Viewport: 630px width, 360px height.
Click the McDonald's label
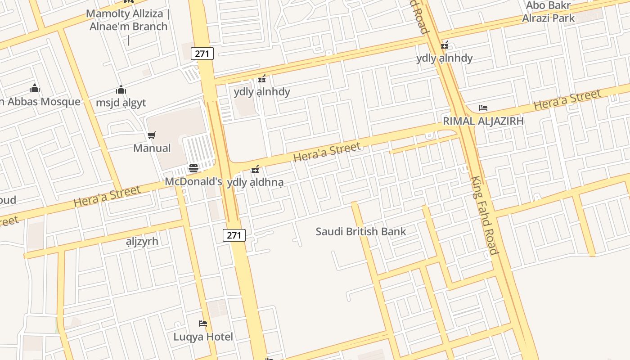click(193, 182)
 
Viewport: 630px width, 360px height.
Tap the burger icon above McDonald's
click(193, 169)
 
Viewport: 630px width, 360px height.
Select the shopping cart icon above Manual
click(152, 135)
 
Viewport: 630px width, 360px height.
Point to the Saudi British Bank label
click(360, 232)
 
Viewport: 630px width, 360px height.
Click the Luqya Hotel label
click(203, 337)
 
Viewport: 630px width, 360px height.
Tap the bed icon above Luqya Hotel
click(203, 324)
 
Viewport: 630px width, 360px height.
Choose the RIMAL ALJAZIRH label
click(483, 121)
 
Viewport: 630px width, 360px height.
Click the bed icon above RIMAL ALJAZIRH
click(483, 108)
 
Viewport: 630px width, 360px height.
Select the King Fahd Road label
click(485, 215)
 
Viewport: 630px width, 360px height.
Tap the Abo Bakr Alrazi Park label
click(548, 12)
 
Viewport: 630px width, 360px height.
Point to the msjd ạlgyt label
click(121, 103)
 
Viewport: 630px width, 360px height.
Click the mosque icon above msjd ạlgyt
click(121, 90)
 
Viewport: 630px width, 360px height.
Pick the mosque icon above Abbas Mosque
click(35, 88)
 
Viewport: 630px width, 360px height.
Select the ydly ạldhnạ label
click(255, 183)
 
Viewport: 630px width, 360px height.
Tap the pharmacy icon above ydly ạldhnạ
click(255, 169)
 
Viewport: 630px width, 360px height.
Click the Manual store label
click(152, 148)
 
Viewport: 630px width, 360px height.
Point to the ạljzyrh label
click(142, 241)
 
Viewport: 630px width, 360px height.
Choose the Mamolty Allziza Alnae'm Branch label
click(128, 20)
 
